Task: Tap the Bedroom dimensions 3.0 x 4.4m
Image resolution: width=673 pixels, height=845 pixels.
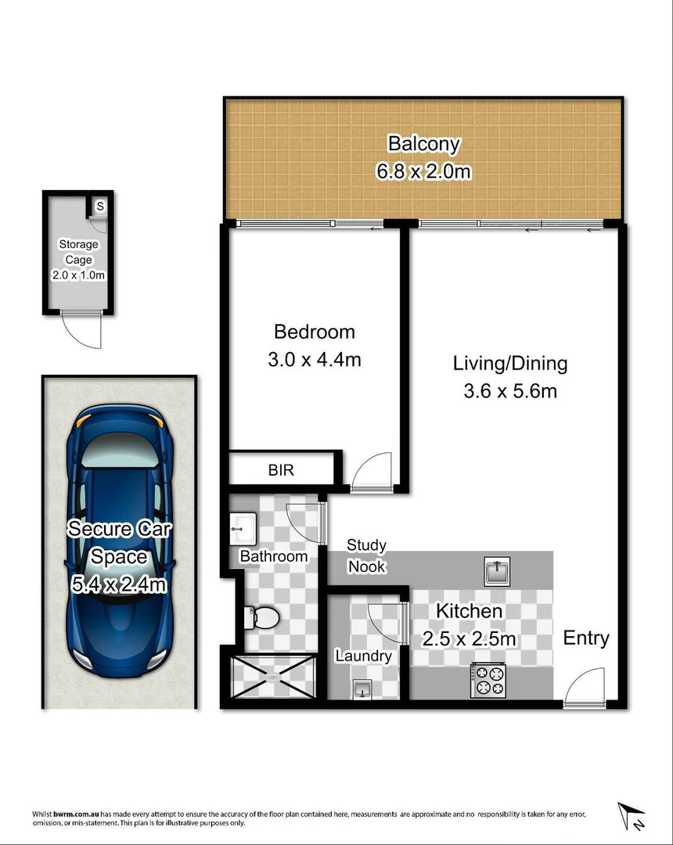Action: (x=315, y=360)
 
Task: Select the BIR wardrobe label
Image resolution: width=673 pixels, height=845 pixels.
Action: (x=281, y=470)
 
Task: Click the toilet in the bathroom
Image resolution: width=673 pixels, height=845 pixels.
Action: (x=261, y=617)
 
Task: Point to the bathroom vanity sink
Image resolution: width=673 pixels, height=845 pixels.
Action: (x=243, y=528)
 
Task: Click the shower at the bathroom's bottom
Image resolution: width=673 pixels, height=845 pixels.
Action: (x=272, y=675)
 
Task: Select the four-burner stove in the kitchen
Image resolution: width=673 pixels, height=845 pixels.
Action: (x=489, y=680)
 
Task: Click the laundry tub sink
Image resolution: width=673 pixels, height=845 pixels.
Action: (x=362, y=689)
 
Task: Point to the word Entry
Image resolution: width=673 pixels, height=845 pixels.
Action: (x=586, y=638)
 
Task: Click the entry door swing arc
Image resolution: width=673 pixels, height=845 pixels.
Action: (x=587, y=685)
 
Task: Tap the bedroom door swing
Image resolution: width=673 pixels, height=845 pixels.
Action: (x=369, y=473)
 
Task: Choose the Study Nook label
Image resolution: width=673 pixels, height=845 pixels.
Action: (x=367, y=555)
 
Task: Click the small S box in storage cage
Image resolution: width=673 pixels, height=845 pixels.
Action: (x=100, y=207)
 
